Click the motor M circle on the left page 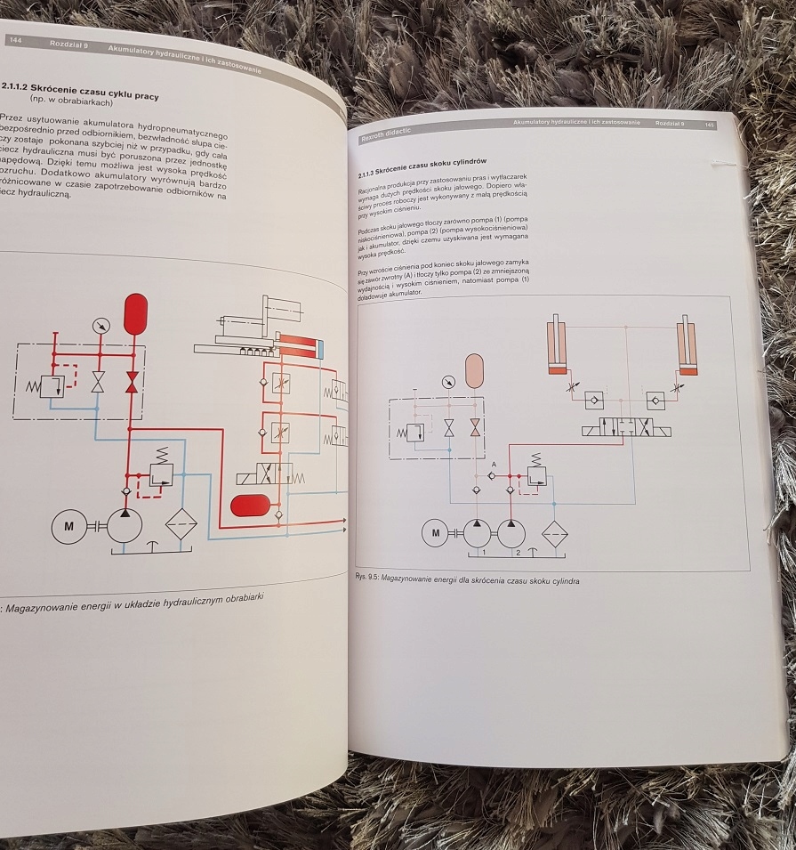[x=68, y=525]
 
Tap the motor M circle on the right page [x=436, y=533]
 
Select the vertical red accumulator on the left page [x=135, y=313]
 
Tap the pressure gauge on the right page [x=447, y=383]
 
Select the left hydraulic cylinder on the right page [x=557, y=343]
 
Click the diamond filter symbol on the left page [x=182, y=524]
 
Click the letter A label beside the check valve [x=494, y=464]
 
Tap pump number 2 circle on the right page [x=511, y=533]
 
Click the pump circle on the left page [x=125, y=525]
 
